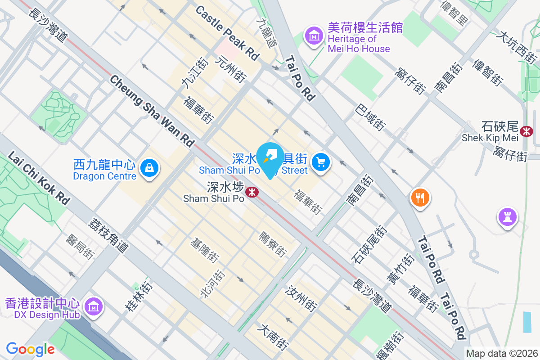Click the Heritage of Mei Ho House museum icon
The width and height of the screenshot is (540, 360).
[314, 35]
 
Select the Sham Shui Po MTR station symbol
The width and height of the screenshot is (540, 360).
[252, 193]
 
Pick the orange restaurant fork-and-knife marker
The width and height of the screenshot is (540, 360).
[420, 198]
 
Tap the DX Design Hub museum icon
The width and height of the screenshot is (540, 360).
[94, 306]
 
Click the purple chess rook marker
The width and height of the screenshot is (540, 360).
[507, 217]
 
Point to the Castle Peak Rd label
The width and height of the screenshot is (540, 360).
[227, 33]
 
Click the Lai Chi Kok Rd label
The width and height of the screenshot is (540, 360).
[39, 177]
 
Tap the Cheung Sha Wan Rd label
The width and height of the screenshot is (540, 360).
[151, 111]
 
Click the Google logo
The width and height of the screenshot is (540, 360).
[30, 349]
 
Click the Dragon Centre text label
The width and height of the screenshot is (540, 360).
[104, 176]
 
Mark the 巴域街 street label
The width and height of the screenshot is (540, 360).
[370, 117]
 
